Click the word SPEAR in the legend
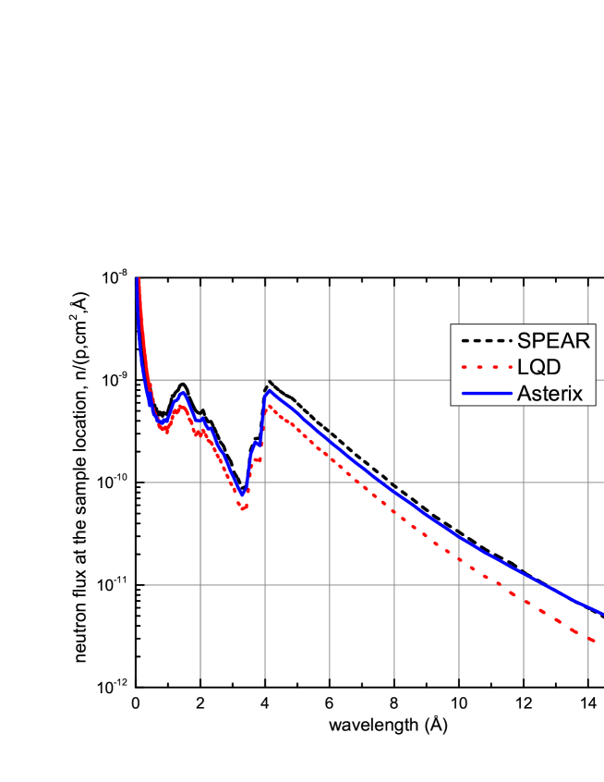553,340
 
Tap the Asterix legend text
550,393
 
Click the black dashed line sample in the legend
485,340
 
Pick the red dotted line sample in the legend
485,367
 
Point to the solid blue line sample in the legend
485,393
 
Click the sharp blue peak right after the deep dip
269,390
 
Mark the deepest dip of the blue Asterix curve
242,493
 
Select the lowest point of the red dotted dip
244,508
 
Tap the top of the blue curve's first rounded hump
182,394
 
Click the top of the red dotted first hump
182,406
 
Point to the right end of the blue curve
602,612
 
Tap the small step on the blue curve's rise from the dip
257,445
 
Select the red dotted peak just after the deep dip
269,406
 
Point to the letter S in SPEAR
524,340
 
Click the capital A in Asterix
524,393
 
